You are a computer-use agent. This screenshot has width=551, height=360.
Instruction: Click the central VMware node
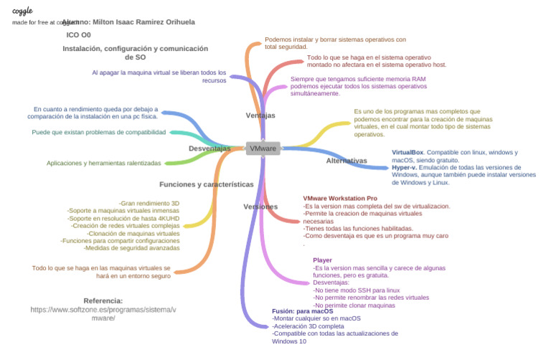263,148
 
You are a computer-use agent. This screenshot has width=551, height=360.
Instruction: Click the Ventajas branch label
260,115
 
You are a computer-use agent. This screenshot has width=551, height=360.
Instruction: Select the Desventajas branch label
209,148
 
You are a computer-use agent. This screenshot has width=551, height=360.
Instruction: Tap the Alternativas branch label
347,161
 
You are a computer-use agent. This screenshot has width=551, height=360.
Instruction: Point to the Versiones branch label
260,207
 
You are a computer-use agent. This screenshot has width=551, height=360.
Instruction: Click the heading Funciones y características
207,184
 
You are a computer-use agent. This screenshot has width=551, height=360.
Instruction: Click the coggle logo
22,11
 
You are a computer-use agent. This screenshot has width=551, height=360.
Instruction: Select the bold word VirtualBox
408,153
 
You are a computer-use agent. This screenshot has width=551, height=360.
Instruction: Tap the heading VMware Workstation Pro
340,198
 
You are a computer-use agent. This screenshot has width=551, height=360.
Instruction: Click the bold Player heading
322,260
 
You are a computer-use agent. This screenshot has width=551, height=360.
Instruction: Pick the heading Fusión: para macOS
303,311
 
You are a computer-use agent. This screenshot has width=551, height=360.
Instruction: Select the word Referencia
103,300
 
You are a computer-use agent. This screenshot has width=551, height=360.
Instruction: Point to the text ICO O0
78,34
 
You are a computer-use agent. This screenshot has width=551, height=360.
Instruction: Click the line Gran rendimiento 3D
149,204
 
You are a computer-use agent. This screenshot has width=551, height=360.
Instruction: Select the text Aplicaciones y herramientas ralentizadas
104,164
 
